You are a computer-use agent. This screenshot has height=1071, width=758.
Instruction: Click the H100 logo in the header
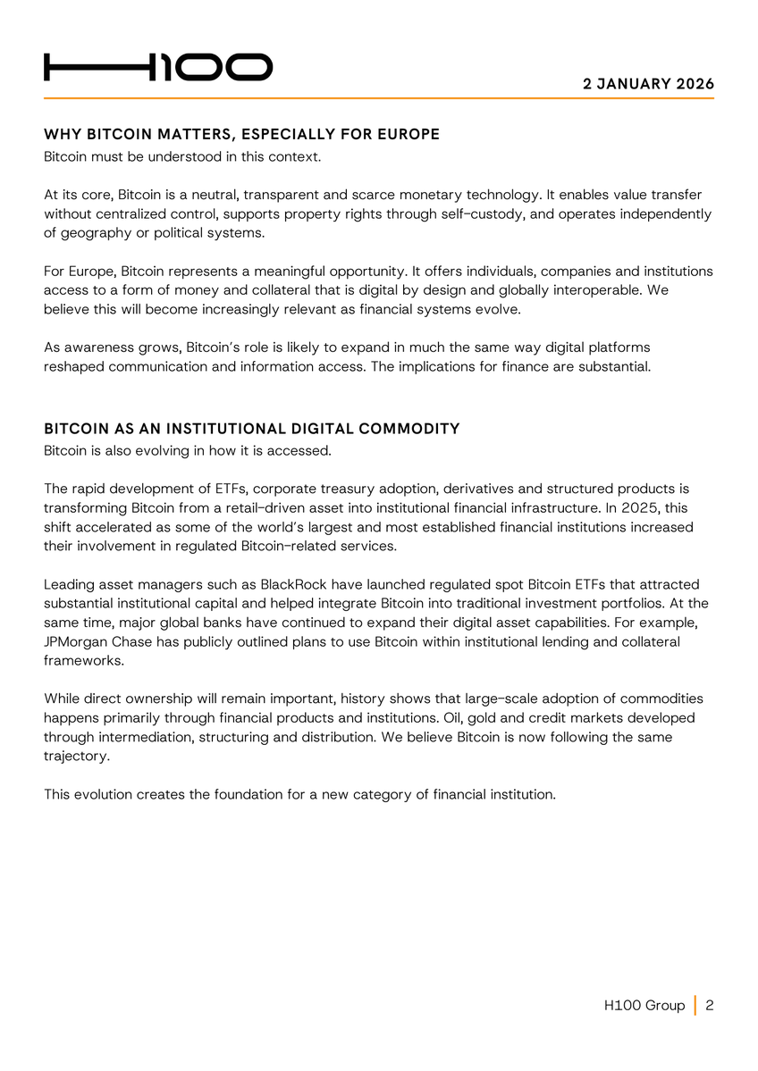[158, 67]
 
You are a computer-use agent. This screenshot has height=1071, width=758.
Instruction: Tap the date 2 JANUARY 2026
[648, 84]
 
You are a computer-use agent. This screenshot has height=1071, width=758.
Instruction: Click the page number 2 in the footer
[710, 1006]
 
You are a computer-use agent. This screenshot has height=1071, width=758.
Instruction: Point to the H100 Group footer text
[644, 1006]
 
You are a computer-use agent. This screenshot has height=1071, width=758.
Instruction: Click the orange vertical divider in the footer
[695, 1006]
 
